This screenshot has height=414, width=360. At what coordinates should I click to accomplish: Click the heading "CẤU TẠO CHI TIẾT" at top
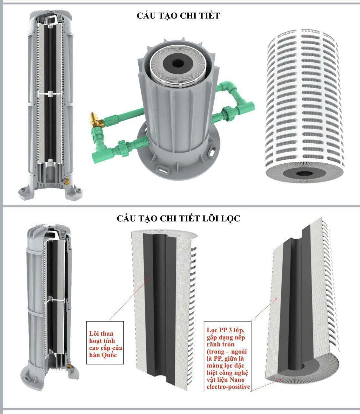tap(178, 16)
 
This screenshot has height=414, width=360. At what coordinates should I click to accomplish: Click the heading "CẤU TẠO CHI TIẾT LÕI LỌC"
tap(178, 218)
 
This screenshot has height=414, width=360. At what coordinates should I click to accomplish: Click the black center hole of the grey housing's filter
tap(178, 63)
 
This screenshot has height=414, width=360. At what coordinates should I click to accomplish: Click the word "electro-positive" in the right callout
tap(228, 387)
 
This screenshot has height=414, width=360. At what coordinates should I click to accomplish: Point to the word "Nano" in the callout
tap(237, 380)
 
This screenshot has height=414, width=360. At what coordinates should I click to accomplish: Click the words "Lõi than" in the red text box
tap(101, 334)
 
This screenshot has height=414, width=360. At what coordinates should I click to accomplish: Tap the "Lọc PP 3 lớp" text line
tap(226, 330)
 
